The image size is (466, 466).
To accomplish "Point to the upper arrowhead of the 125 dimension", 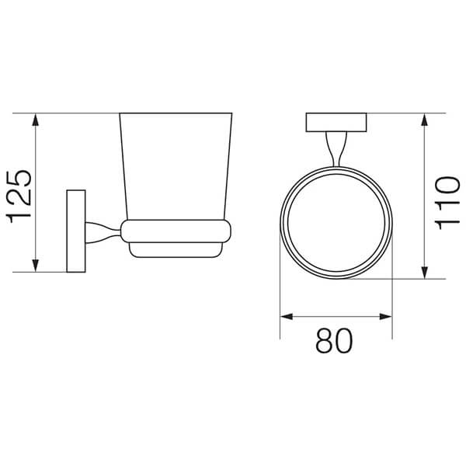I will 36,120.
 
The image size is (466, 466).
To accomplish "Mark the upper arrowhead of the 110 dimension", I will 425,120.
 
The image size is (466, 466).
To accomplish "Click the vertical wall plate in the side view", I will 76,230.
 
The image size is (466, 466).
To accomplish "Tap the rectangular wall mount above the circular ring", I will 336,123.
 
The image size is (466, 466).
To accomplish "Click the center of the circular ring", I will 336,222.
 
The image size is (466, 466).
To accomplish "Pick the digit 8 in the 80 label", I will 323,341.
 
